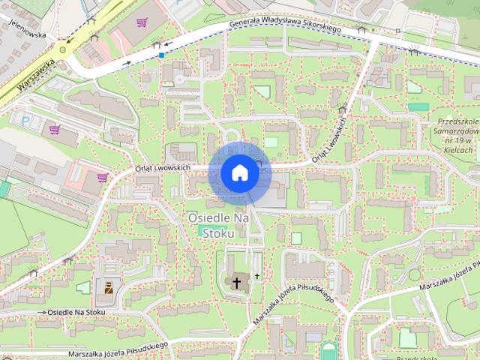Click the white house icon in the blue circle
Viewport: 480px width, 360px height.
coord(240,173)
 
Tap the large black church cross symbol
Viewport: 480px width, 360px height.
coord(237,283)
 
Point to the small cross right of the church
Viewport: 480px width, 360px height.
coord(256,276)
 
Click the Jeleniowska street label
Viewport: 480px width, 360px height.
coord(24,34)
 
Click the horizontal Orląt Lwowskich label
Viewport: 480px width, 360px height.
coord(162,167)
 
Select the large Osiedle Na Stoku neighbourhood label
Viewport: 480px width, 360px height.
coord(218,224)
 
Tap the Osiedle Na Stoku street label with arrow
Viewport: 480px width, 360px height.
coord(76,311)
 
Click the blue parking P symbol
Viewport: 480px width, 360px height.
coord(25,119)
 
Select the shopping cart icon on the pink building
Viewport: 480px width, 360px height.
coord(102,177)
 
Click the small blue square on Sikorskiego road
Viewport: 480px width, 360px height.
coord(161,54)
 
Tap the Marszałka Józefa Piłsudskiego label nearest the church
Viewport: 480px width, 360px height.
coord(294,297)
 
